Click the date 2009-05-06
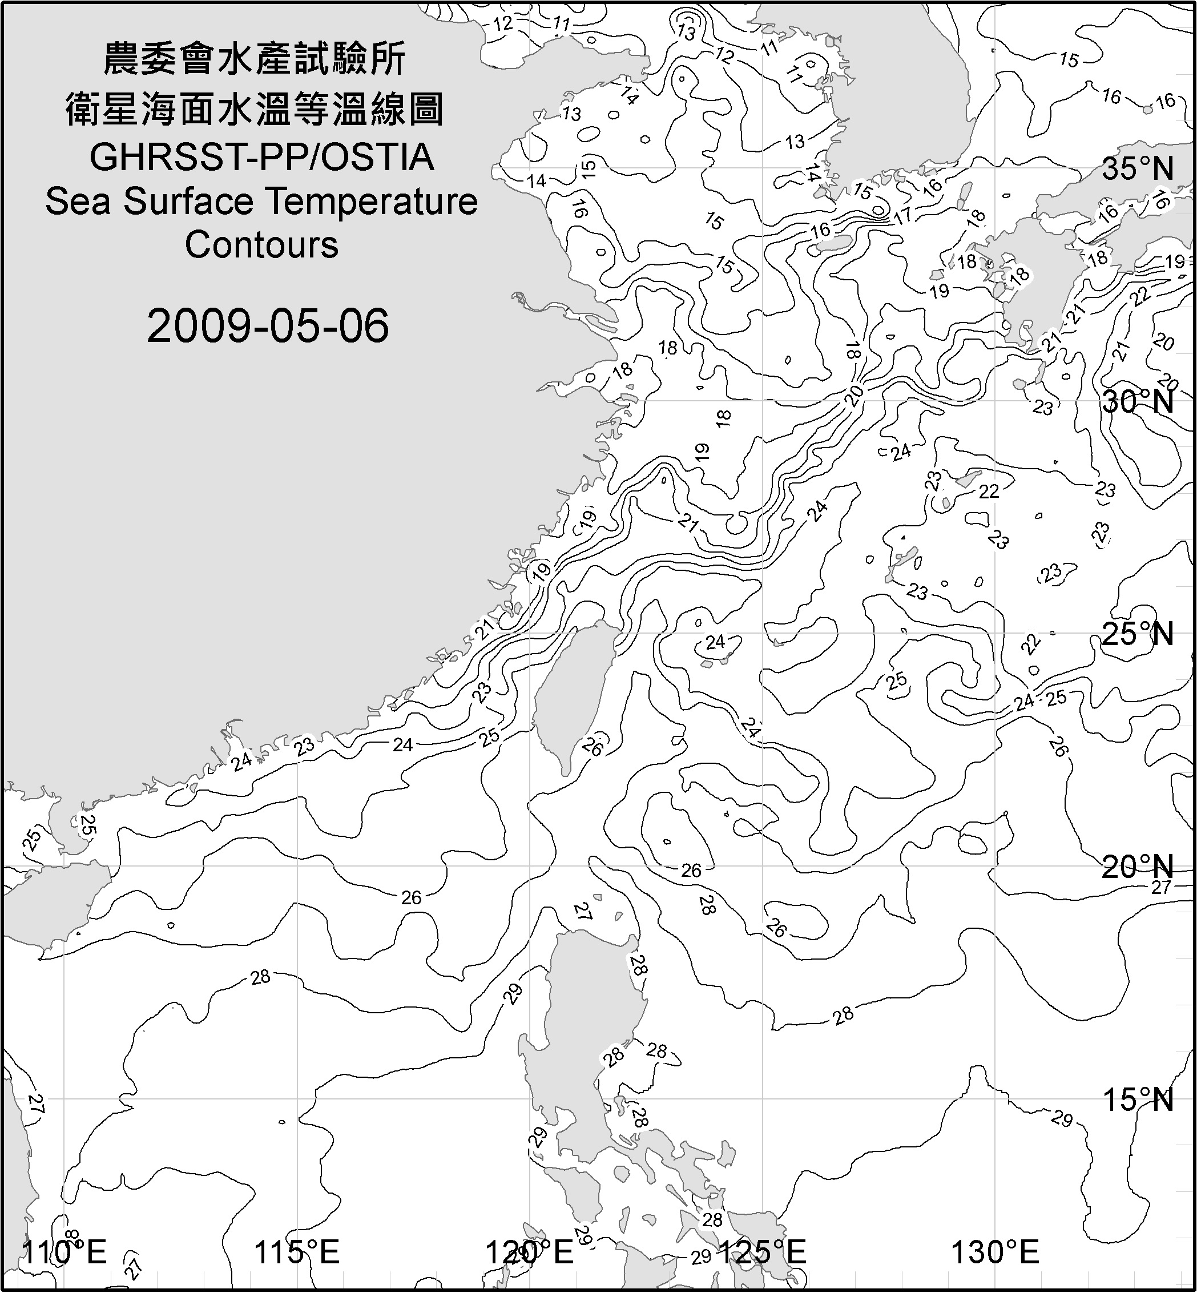[x=268, y=326]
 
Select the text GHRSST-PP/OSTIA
[x=261, y=158]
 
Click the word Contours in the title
[x=261, y=245]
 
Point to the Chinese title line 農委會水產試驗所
[x=255, y=59]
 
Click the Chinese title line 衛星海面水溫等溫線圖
[x=255, y=109]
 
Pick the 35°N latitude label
[x=1138, y=169]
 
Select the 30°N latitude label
[x=1138, y=402]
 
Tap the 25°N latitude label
[x=1138, y=634]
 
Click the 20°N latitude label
[x=1138, y=867]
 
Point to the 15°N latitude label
[x=1138, y=1099]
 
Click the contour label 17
[x=903, y=215]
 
